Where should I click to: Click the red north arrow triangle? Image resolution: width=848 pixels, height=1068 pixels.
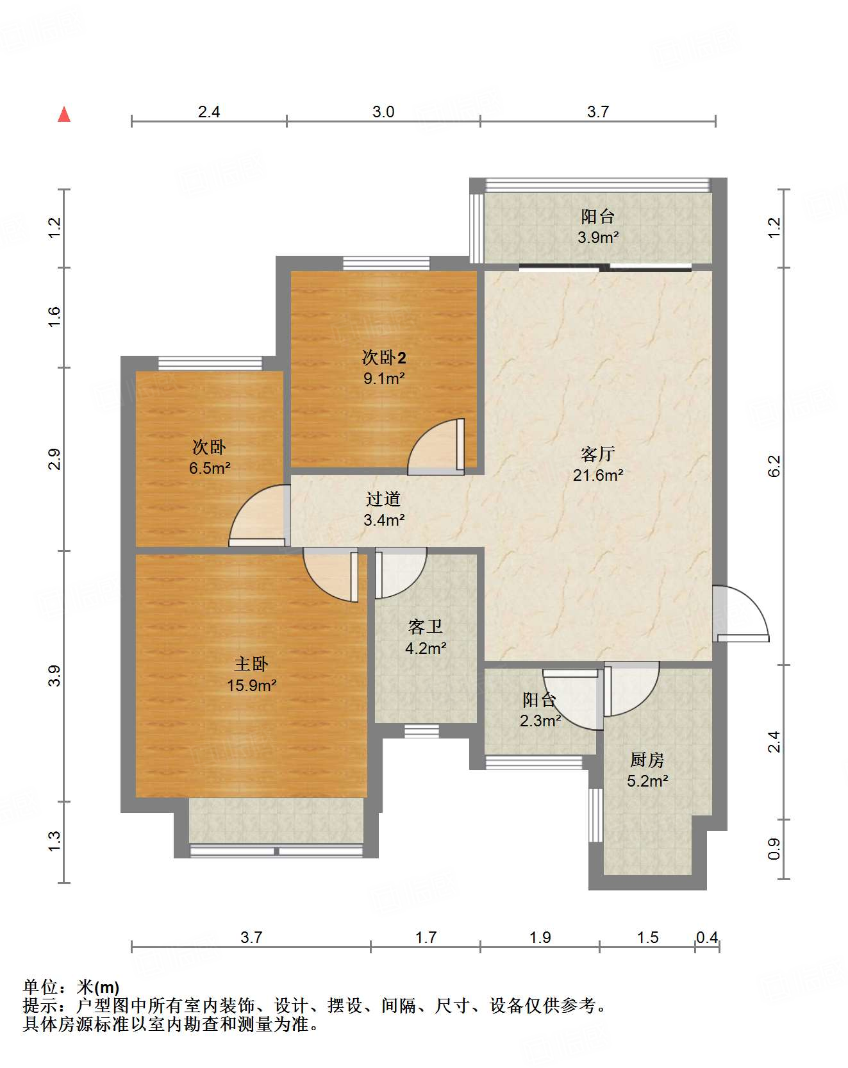(x=64, y=114)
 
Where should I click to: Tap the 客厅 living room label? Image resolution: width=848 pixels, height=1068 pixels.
(x=597, y=455)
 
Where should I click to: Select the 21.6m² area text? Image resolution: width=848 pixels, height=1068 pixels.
(x=597, y=476)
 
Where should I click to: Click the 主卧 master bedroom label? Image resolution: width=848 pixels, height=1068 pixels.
(x=251, y=664)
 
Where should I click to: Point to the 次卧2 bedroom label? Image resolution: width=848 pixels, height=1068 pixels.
(x=384, y=358)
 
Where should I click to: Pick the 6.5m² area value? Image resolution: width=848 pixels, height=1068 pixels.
(x=210, y=469)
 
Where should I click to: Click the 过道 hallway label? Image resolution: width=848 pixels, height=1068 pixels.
(x=383, y=499)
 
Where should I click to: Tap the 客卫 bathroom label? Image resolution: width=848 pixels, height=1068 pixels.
(x=426, y=627)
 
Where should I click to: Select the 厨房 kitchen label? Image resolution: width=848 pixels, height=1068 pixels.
(x=647, y=760)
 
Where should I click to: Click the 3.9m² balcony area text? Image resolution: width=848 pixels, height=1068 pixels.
(x=598, y=238)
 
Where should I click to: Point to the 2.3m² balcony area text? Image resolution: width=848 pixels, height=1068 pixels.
(x=540, y=721)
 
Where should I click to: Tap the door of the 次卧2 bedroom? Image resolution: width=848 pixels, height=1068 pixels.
(x=436, y=447)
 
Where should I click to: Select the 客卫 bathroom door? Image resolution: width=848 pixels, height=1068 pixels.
(x=401, y=573)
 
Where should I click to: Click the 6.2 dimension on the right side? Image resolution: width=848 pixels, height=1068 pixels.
(x=774, y=465)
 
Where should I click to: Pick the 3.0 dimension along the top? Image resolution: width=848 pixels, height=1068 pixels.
(x=383, y=112)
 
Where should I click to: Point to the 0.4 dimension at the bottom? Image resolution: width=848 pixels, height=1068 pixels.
(x=707, y=938)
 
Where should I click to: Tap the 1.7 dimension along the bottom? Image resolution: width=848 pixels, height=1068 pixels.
(x=426, y=938)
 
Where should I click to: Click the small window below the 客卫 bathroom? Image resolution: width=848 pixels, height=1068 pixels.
(x=422, y=731)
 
